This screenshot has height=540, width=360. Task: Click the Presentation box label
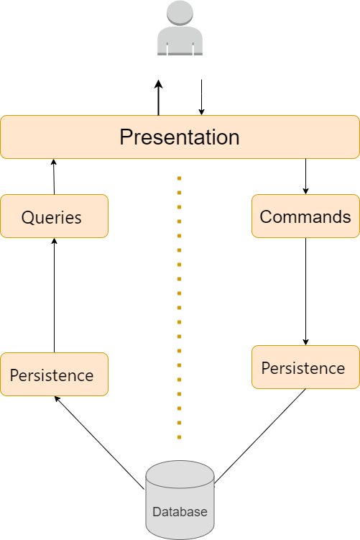pos(180,137)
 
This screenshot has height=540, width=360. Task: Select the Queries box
pos(55,216)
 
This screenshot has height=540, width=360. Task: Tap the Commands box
pos(305,216)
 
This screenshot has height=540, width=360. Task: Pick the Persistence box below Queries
pos(55,375)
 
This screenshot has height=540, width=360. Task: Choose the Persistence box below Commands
pos(305,367)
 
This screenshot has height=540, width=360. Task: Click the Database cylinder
pos(180,500)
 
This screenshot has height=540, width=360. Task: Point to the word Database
pos(180,512)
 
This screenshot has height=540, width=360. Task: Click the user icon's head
pos(180,13)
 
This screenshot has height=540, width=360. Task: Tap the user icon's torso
pos(180,41)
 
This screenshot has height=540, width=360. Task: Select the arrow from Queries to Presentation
pos(54,177)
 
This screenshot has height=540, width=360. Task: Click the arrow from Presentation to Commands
pos(305,177)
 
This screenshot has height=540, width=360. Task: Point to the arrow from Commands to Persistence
pos(305,292)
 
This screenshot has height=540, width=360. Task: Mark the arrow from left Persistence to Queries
pos(54,295)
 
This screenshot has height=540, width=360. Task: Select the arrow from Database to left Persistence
pos(99,442)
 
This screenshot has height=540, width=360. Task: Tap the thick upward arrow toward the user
pos(158,98)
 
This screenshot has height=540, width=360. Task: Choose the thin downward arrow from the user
pos(202,97)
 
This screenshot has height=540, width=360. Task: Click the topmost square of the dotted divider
pos(180,178)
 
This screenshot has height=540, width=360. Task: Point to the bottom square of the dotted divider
pos(180,437)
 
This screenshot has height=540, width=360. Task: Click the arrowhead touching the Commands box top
pos(305,191)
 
